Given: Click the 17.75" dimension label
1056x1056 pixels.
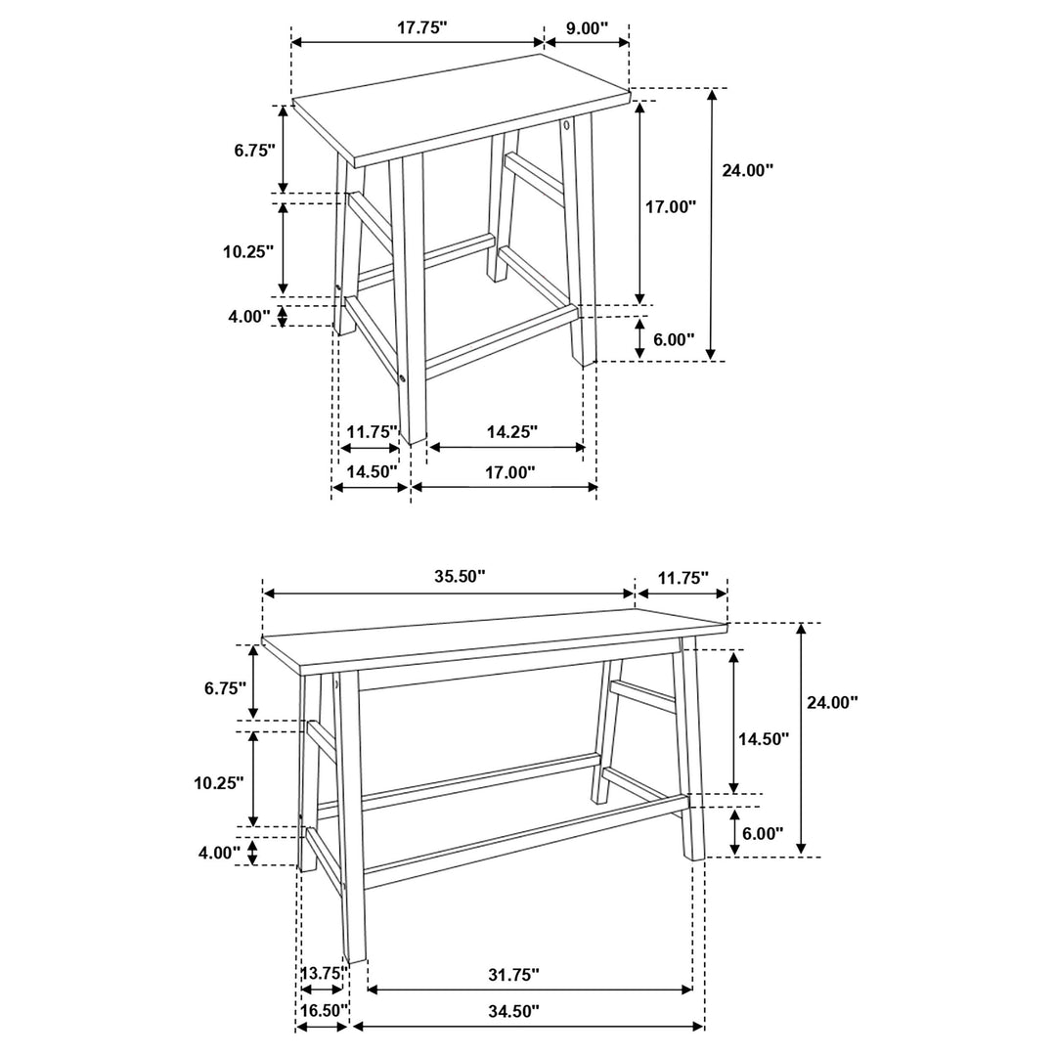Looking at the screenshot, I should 421,28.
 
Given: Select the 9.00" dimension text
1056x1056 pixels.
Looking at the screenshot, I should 588,28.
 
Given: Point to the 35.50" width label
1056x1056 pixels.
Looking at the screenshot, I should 460,577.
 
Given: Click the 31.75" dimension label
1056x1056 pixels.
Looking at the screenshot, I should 512,975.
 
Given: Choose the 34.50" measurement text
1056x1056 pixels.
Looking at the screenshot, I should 512,1011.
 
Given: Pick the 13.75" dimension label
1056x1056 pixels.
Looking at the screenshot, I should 323,973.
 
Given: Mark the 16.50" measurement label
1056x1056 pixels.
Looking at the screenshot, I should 323,1011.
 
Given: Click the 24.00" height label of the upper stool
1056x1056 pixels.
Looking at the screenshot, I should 748,170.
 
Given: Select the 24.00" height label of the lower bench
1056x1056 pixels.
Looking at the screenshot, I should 832,701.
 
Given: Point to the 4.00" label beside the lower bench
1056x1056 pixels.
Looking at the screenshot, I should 219,852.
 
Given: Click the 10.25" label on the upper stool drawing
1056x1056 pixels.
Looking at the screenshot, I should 248,251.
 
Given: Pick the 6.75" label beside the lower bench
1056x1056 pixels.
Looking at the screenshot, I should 225,688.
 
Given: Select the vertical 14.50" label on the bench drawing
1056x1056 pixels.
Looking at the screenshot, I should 763,739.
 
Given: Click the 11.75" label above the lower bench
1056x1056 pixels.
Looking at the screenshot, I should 682,577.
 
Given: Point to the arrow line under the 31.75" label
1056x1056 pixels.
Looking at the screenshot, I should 529,990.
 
